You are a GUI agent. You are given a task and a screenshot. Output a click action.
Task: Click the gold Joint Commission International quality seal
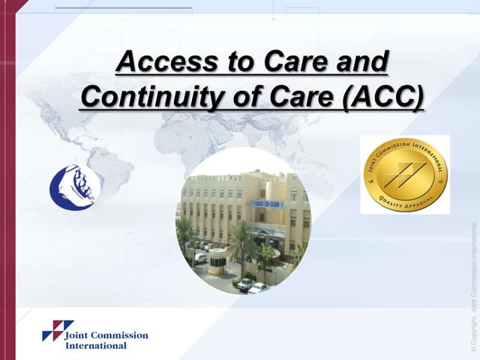tap(404, 175)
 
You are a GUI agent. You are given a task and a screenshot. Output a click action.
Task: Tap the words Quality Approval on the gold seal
tap(404, 201)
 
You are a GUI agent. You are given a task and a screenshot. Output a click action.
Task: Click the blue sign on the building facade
tap(268, 203)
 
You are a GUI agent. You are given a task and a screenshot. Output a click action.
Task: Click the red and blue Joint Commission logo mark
tap(57, 331)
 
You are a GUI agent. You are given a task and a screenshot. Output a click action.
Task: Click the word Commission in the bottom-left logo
tap(119, 335)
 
